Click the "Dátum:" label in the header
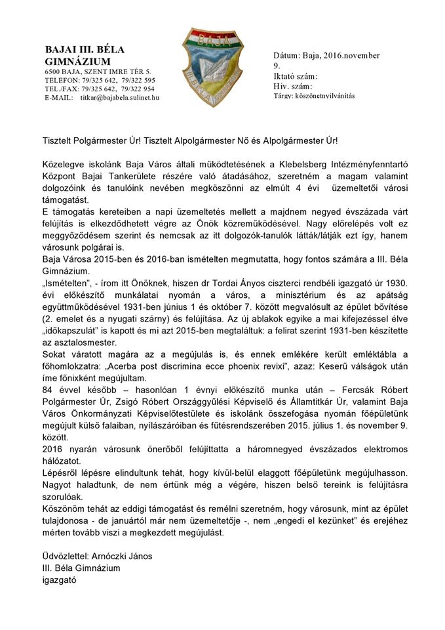click(286, 56)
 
